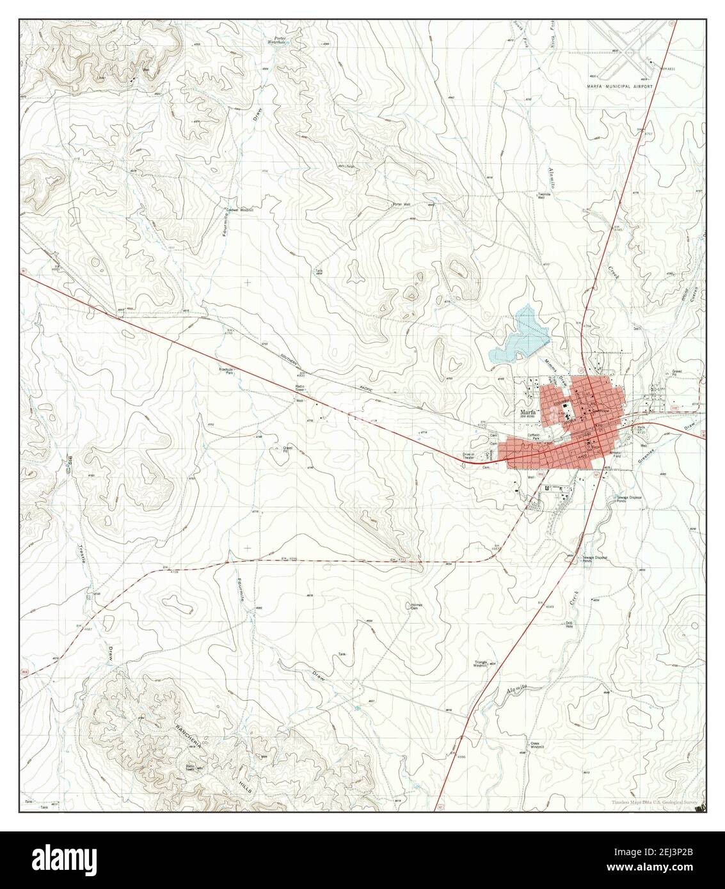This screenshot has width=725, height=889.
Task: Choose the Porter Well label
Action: coord(401,205)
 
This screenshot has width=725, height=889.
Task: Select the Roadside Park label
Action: coord(227,371)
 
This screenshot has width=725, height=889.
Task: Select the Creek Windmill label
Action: coord(539,745)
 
